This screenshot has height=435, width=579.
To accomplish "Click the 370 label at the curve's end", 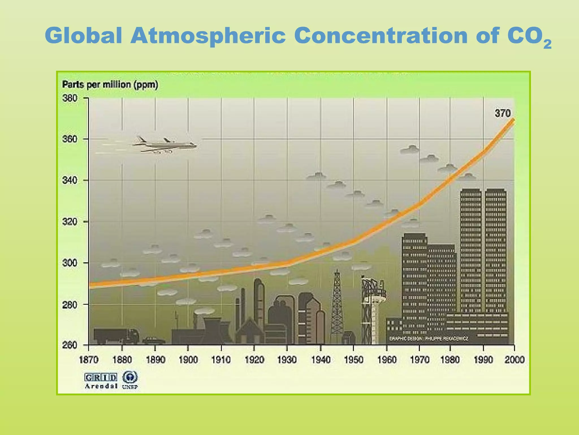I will [502, 114].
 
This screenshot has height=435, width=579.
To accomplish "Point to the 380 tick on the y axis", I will [70, 98].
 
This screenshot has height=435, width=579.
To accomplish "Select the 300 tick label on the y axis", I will [70, 263].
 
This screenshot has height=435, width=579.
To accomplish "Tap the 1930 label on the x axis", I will [287, 360].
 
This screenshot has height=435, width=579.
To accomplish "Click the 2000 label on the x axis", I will [515, 360].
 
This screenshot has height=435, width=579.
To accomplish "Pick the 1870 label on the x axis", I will [89, 360].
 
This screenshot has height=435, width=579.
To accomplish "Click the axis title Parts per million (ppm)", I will [110, 85].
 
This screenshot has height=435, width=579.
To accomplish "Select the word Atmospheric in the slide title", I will [208, 36].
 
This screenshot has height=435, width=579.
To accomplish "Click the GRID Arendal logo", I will [101, 380].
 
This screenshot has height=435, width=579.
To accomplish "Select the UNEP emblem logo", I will [130, 380].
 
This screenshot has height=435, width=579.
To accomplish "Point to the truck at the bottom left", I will [116, 336].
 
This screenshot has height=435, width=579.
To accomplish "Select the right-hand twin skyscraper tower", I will [496, 249].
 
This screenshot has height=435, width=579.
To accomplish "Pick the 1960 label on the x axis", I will [387, 360].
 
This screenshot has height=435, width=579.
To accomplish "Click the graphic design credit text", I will [428, 339].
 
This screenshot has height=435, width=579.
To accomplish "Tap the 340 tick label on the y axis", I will [70, 180].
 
